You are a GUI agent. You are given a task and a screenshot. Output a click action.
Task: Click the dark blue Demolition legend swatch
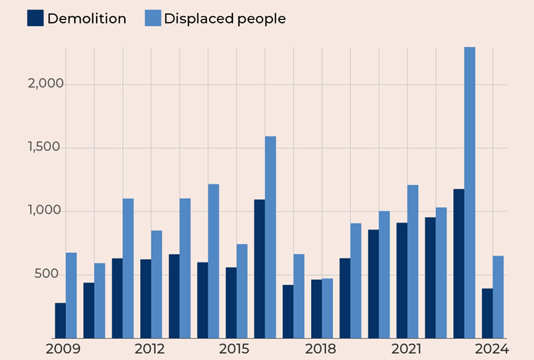point(35,18)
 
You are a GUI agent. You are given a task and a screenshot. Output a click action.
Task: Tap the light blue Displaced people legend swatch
point(153,18)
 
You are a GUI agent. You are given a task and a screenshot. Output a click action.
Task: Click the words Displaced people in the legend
point(224,19)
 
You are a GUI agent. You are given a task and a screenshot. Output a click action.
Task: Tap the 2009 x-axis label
point(63,349)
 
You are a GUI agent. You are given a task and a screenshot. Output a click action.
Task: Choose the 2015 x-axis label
point(234,349)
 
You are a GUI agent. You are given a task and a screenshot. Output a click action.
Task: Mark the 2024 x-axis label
point(493,349)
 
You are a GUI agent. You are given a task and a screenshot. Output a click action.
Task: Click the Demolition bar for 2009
point(60,321)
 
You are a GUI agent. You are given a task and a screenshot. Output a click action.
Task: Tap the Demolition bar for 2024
point(487,313)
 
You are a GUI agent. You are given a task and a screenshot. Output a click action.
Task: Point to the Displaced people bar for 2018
point(327,308)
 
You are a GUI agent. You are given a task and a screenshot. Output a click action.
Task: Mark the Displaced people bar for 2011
point(128,268)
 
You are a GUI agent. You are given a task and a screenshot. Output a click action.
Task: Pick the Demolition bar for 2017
point(288,311)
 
